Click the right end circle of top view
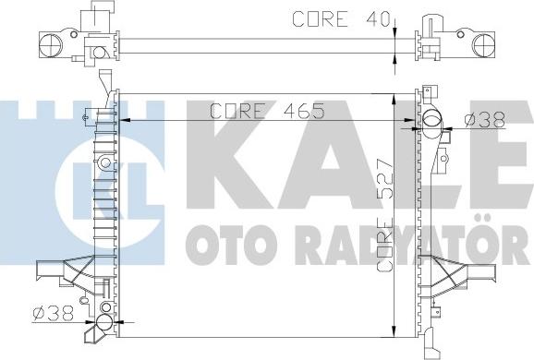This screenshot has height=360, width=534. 483,43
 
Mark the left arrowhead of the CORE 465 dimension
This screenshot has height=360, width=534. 127,119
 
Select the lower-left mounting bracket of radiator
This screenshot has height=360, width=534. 62,272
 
